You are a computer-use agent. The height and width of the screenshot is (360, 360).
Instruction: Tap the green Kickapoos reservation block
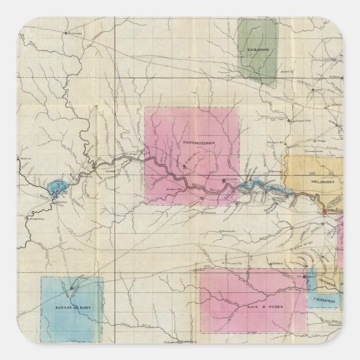click(257, 50)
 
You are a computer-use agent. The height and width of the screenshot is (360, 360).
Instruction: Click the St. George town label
click(130, 150)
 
